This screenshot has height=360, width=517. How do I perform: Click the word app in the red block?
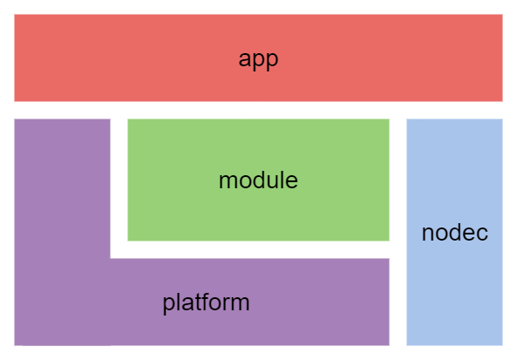(258, 60)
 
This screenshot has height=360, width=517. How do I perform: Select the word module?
(258, 180)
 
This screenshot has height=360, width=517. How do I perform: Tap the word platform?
(206, 303)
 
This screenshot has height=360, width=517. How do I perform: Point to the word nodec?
(455, 233)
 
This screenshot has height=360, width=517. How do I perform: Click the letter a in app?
(244, 59)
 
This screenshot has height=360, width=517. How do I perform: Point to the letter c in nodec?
(481, 234)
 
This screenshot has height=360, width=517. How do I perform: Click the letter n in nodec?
(428, 234)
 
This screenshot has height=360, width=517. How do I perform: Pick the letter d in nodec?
(454, 233)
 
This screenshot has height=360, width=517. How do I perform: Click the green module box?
(258, 180)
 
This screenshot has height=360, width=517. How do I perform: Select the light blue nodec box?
(455, 232)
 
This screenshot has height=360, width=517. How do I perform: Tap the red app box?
(258, 58)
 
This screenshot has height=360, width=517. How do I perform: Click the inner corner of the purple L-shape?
(110, 259)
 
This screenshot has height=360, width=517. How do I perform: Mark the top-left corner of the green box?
(127, 119)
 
